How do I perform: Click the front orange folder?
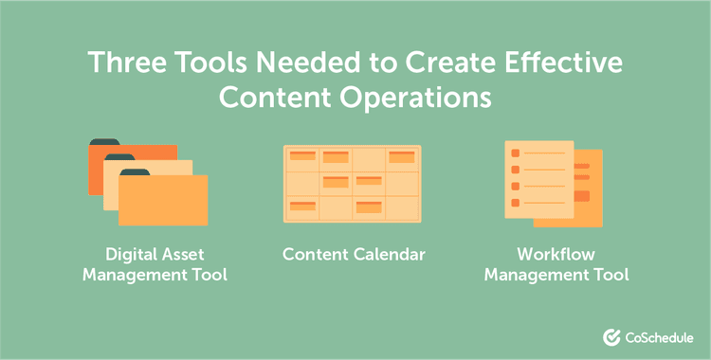[166, 204]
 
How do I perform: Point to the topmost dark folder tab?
[105, 143]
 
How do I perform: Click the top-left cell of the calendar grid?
[302, 158]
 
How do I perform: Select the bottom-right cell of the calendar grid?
[402, 207]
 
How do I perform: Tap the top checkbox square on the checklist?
[516, 153]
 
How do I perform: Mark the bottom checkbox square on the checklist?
[516, 202]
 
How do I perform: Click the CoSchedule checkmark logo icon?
[611, 337]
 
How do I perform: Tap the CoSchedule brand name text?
[659, 337]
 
